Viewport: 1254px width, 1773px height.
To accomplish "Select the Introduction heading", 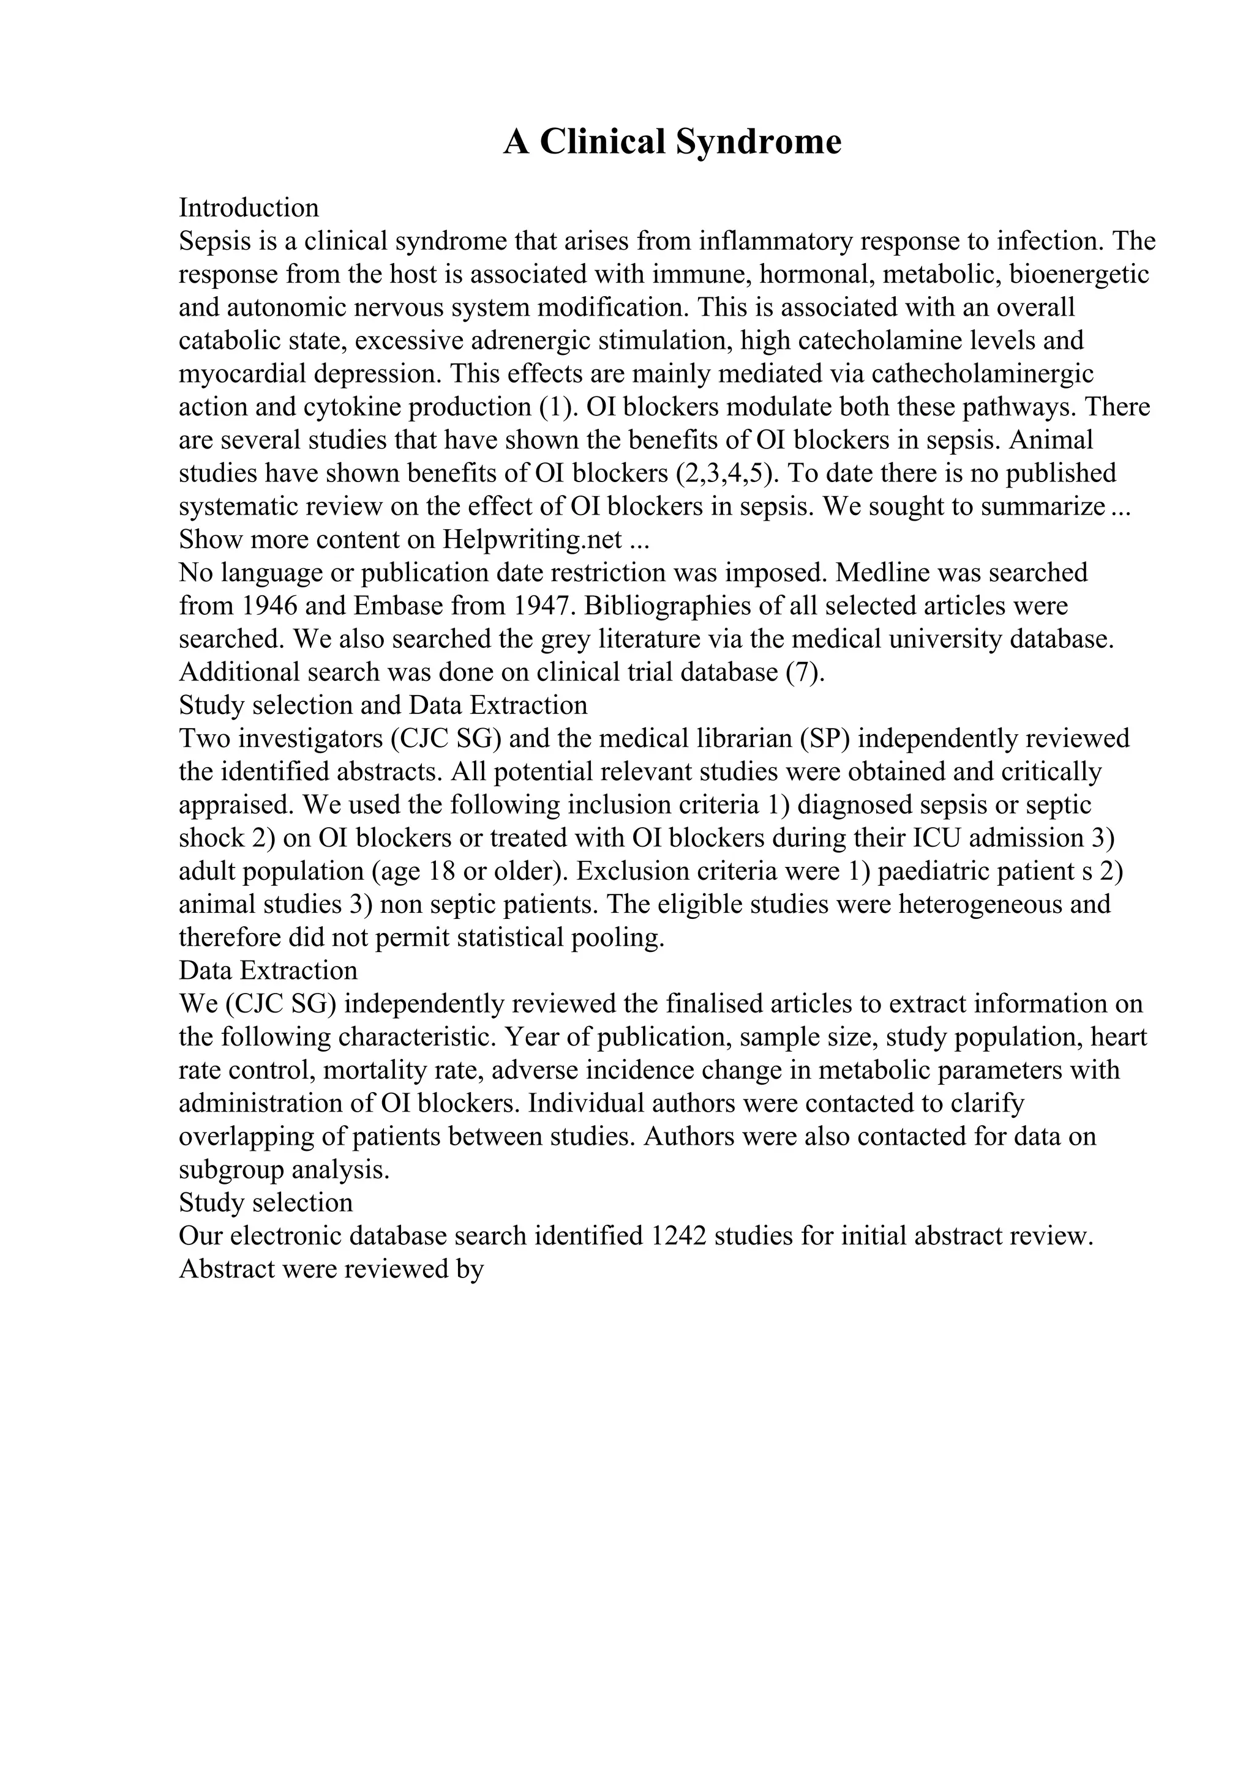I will pyautogui.click(x=249, y=208).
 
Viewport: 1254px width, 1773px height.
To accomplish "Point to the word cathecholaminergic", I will pyautogui.click(x=983, y=374).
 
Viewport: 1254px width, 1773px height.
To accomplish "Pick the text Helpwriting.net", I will pyautogui.click(x=532, y=539).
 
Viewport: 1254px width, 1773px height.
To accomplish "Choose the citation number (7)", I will pyautogui.click(x=805, y=672).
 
